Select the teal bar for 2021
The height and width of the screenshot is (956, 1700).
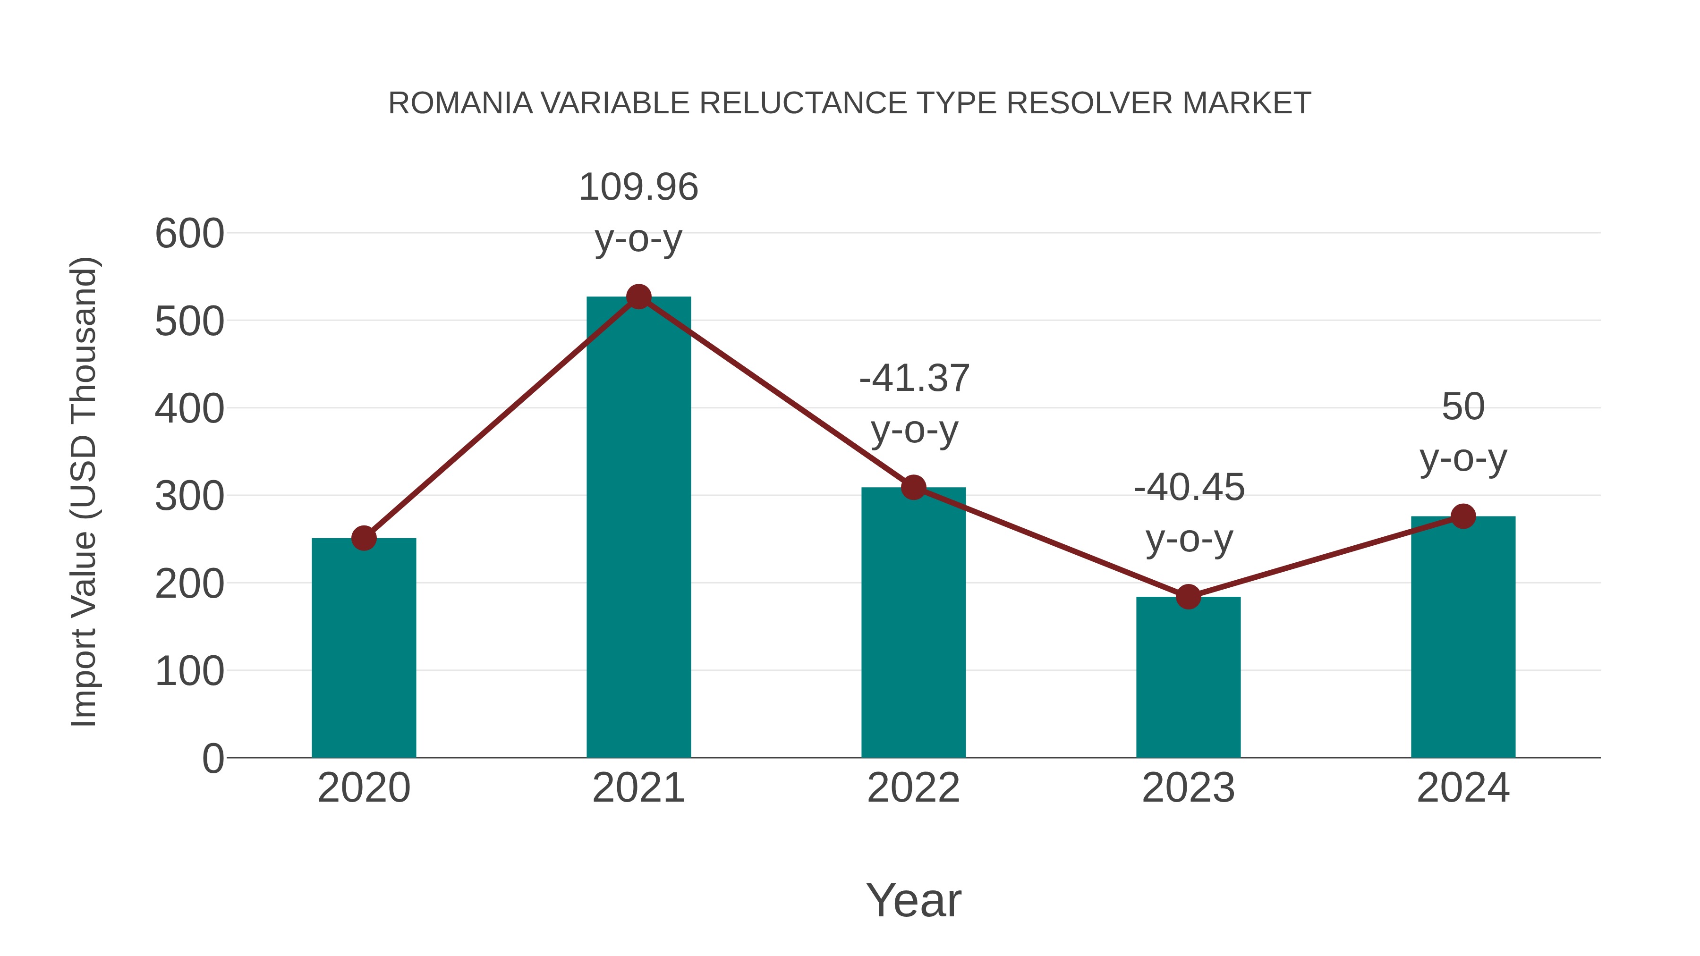(638, 528)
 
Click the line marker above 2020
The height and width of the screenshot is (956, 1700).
(364, 538)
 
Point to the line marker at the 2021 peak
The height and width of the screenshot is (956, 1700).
(638, 297)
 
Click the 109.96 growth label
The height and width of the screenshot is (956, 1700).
(638, 187)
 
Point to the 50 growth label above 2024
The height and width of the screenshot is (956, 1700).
(1463, 407)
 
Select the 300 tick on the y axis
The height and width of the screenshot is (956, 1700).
(189, 497)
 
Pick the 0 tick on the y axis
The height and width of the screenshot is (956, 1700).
(212, 759)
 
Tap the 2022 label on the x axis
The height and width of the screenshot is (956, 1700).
(913, 788)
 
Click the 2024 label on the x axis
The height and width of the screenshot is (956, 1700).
(1463, 788)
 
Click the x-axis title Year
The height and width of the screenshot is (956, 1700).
(913, 901)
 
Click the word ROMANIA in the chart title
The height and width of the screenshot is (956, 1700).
(460, 103)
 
